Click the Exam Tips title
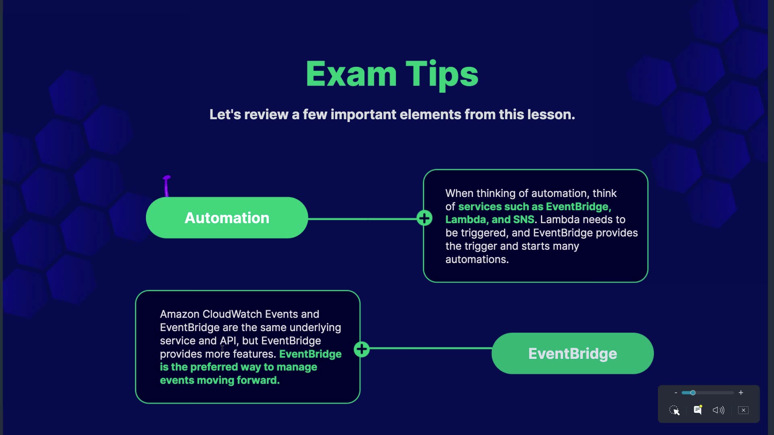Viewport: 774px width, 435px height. (x=392, y=75)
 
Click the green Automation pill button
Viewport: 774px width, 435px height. (x=227, y=218)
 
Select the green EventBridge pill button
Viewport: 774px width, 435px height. (x=572, y=354)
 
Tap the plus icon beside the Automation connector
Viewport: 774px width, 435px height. (x=424, y=218)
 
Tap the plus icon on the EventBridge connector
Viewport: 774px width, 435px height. (x=362, y=349)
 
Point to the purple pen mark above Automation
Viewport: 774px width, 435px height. (x=166, y=186)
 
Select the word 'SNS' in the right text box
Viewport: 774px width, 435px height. (x=523, y=220)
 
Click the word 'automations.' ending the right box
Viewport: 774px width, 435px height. (x=477, y=259)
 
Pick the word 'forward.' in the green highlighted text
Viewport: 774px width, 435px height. (x=258, y=380)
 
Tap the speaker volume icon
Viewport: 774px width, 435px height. (x=718, y=410)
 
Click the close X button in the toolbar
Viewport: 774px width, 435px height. (x=743, y=410)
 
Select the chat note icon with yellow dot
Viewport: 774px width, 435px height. (x=697, y=410)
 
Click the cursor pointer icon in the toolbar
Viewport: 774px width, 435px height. (x=674, y=410)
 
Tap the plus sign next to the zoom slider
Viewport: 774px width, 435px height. (x=741, y=393)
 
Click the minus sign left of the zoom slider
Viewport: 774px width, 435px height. (x=676, y=393)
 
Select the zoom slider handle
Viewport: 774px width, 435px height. (x=693, y=393)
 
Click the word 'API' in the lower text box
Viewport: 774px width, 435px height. (x=228, y=341)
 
